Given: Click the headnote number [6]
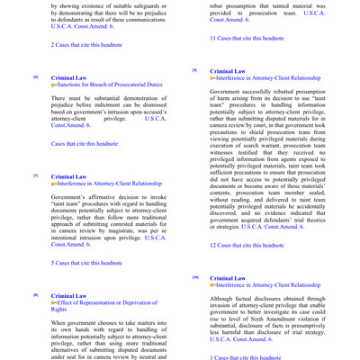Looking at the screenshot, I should pos(35,78).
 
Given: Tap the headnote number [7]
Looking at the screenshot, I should pos(35,176).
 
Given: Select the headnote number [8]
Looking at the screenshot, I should pos(35,295).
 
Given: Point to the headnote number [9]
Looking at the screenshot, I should pos(193,70).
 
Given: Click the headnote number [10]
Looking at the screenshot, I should pos(194,278).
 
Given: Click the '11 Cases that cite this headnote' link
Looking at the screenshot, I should pos(247,39).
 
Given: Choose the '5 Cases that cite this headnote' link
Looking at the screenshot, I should pos(87,263).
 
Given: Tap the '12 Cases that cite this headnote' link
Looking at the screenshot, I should pos(247,245).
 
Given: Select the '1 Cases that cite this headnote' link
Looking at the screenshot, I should pos(245,357).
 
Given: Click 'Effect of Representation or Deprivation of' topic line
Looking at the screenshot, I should pos(112,304).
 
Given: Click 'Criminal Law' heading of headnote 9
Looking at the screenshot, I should pos(228,71).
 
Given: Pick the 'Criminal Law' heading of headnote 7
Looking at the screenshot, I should pos(69,177).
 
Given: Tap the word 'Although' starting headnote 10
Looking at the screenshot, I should pos(224,299).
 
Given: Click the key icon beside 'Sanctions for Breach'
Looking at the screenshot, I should pos(55,88).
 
